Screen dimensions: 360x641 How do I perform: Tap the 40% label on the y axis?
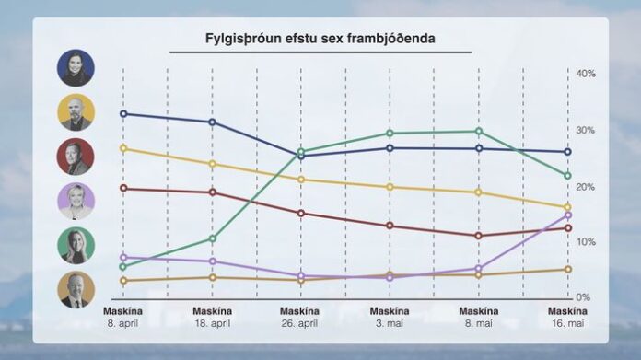(x=586, y=73)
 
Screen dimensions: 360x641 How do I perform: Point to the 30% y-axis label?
(x=586, y=131)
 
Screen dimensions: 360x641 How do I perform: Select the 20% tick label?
(x=586, y=187)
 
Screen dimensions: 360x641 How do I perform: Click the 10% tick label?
(x=586, y=242)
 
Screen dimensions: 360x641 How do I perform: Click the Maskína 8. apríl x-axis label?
(x=123, y=317)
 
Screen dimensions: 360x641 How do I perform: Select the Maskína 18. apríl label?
(x=212, y=317)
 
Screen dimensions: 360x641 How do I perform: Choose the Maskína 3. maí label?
(x=390, y=317)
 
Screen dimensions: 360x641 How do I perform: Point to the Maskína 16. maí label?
(x=566, y=317)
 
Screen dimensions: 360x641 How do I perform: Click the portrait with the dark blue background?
(x=76, y=68)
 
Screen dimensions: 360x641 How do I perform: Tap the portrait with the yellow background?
(x=76, y=112)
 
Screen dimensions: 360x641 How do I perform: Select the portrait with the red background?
(x=76, y=157)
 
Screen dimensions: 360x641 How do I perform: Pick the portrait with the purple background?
(x=76, y=201)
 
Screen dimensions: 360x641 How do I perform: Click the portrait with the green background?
(x=76, y=246)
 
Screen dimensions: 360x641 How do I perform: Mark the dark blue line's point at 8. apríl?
(x=123, y=114)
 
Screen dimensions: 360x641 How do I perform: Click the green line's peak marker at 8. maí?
(x=478, y=132)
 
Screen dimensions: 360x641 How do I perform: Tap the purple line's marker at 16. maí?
(x=567, y=215)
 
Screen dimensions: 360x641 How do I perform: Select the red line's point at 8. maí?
(x=478, y=236)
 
